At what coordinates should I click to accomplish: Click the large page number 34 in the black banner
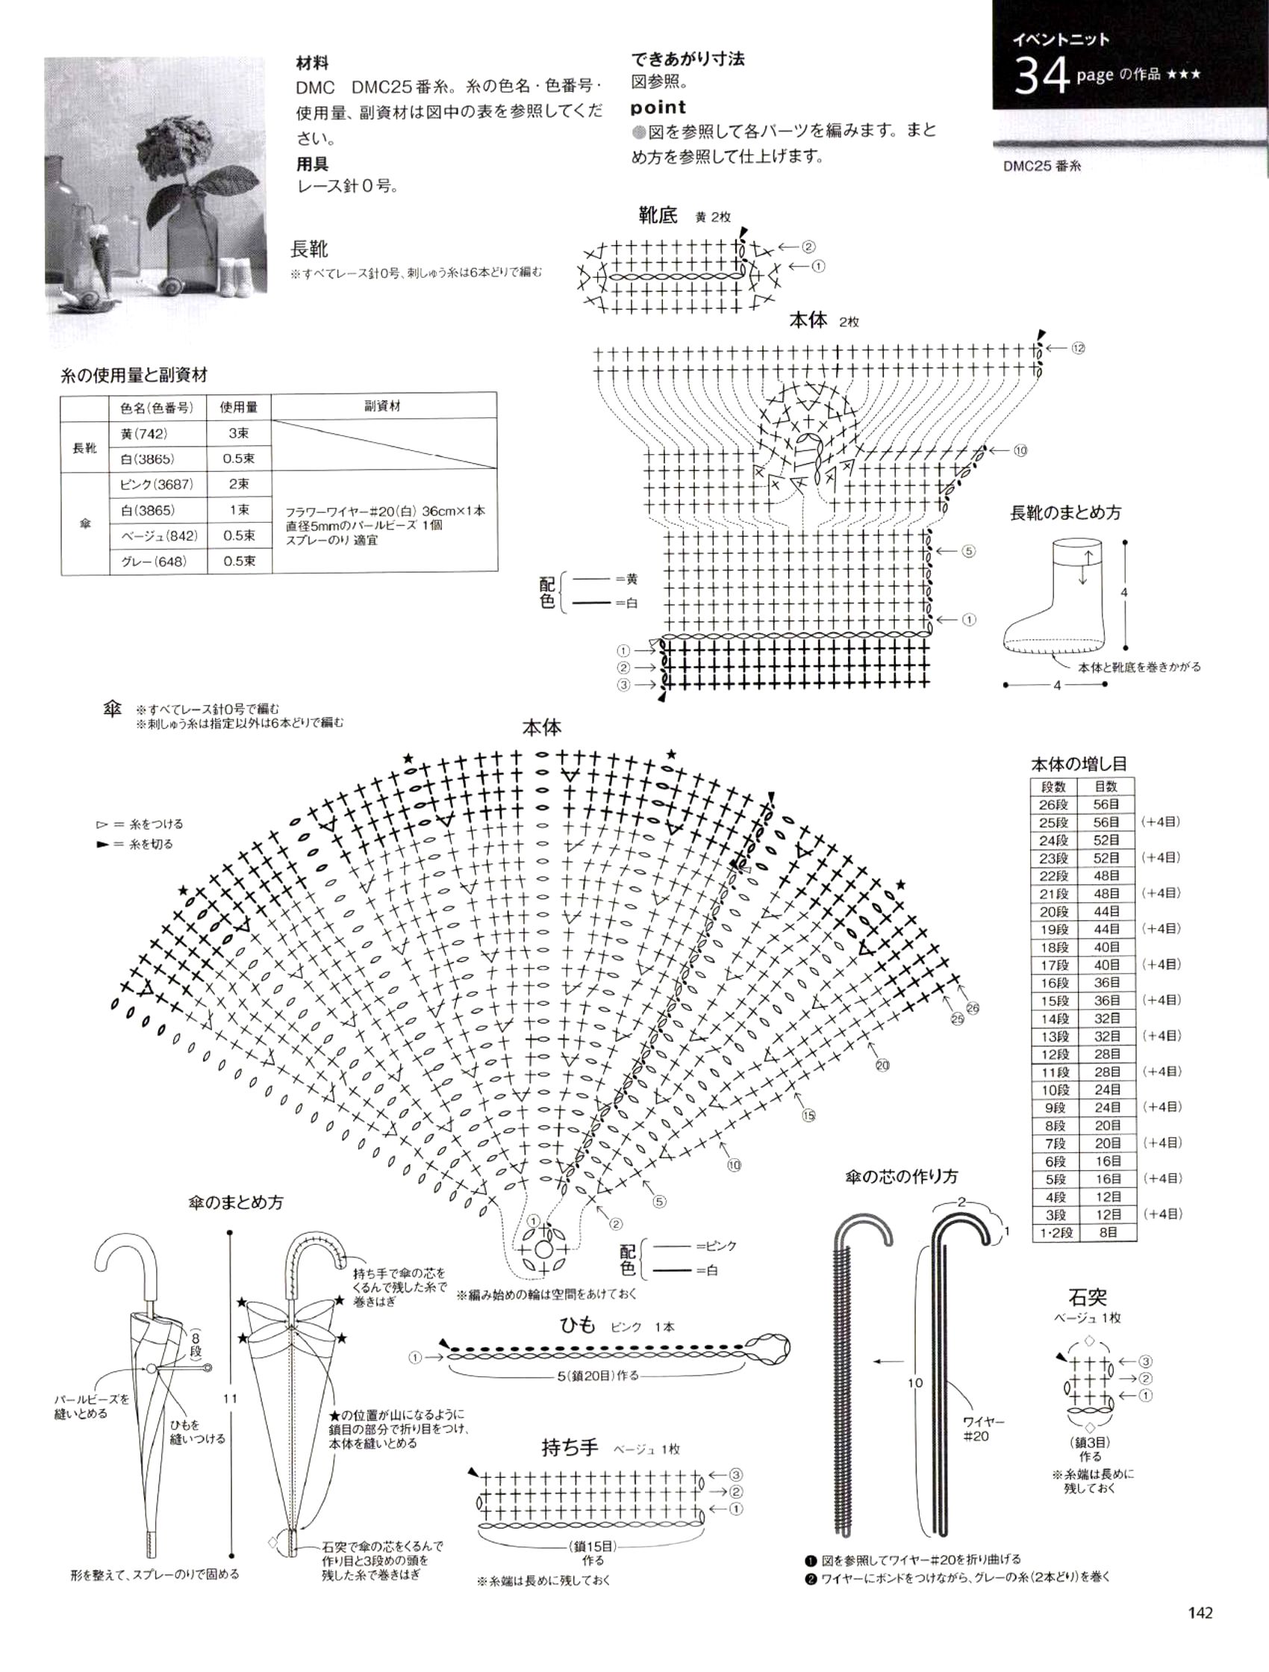[x=1041, y=75]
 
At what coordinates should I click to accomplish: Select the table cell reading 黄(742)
[x=143, y=434]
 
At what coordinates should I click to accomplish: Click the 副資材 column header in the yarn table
[x=382, y=406]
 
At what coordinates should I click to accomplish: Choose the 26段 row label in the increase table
[x=1053, y=805]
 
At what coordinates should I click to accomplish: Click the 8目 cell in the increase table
[x=1108, y=1233]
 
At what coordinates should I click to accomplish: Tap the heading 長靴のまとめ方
[x=1066, y=512]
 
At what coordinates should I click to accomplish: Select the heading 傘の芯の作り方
[x=902, y=1177]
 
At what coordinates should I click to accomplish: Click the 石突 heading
[x=1088, y=1297]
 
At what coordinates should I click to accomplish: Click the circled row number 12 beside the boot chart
[x=1078, y=349]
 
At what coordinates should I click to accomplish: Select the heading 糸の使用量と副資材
[x=134, y=375]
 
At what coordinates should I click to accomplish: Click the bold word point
[x=658, y=108]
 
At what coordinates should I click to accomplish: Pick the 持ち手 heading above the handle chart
[x=569, y=1447]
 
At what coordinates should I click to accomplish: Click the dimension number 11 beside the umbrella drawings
[x=230, y=1399]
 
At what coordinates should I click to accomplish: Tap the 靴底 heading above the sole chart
[x=658, y=215]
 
